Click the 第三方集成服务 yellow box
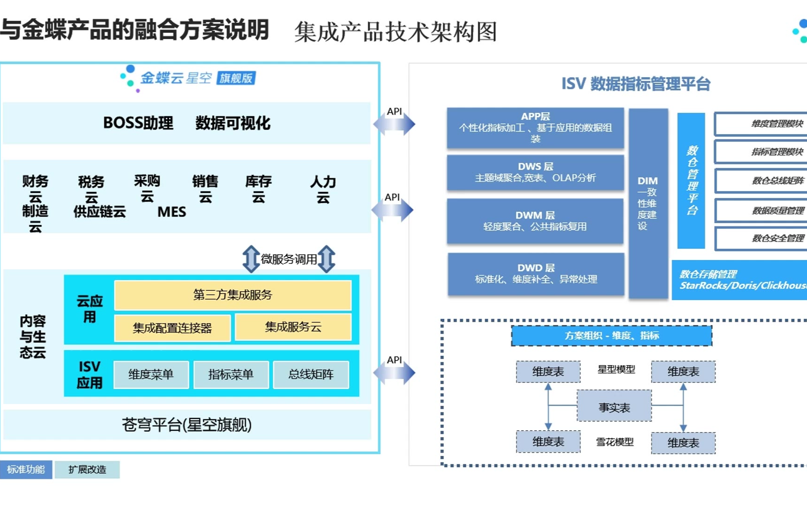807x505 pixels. [233, 295]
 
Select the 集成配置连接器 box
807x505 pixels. [172, 328]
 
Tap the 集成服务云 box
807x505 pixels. [293, 327]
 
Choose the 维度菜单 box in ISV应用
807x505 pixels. [151, 375]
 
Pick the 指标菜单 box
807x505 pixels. [231, 375]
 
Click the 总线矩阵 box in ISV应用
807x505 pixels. [311, 375]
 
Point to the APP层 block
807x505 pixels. [535, 128]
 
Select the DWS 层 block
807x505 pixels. [535, 173]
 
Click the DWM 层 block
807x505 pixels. [535, 221]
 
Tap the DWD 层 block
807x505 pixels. [536, 274]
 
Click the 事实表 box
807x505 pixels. [614, 406]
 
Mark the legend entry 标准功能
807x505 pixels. [26, 469]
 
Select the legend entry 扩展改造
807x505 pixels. [87, 469]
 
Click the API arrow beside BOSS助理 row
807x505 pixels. [394, 124]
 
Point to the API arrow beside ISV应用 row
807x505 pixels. [394, 373]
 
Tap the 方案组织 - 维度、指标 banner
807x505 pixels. [611, 336]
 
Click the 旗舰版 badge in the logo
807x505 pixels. [236, 78]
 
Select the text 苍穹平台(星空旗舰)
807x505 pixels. [187, 425]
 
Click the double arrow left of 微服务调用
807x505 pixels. [251, 259]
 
